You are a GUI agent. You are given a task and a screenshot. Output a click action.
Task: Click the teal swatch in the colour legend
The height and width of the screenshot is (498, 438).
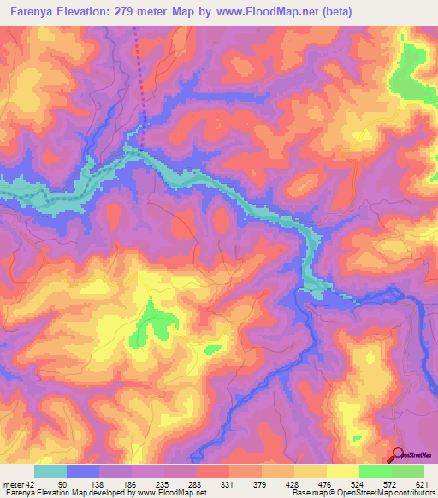tap(50, 471)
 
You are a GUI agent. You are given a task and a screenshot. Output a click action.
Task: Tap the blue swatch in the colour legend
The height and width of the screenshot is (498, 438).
tap(83, 471)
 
